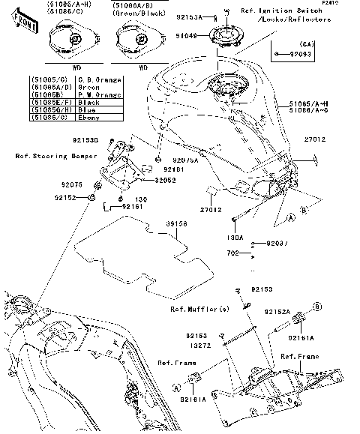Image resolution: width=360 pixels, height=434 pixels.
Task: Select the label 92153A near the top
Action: click(x=190, y=16)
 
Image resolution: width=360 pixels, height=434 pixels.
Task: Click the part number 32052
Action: click(x=166, y=180)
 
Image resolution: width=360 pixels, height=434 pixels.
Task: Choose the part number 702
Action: click(x=243, y=254)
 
